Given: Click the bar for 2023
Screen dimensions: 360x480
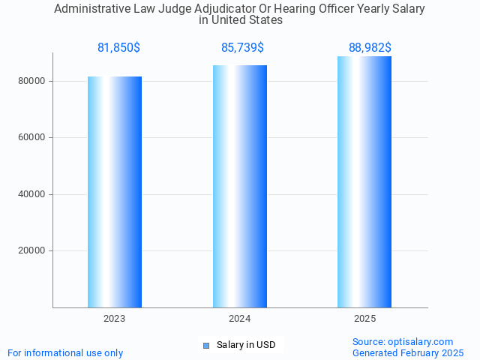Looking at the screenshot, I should (x=115, y=192).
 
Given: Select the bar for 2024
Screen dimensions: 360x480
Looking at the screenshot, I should (x=240, y=186).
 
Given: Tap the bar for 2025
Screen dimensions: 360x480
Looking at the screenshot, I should (x=364, y=181).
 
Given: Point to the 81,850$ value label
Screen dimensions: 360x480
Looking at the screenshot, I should (x=118, y=47).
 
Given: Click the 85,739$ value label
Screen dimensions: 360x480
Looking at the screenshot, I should (x=242, y=47).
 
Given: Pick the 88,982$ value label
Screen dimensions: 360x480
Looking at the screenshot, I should (x=370, y=47).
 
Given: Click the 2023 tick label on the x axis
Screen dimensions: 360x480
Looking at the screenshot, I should (x=115, y=319).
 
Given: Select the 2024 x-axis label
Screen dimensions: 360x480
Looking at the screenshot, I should (x=240, y=319).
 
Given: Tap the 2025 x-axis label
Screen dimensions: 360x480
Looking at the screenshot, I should (x=364, y=319).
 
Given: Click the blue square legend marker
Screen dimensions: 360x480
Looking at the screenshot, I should (x=206, y=345).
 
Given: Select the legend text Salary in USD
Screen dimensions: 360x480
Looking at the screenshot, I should (x=246, y=345).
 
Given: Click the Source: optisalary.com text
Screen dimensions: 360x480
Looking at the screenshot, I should (x=403, y=341).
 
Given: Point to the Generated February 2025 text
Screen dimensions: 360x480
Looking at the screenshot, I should (x=408, y=352).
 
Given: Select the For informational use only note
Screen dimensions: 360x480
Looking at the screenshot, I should (x=65, y=352).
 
